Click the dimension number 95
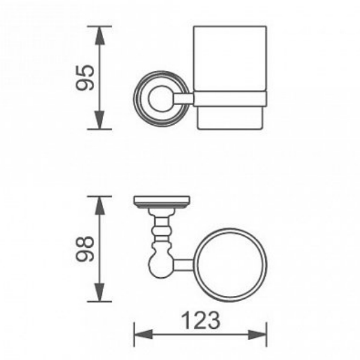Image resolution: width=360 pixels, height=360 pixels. tap(85, 77)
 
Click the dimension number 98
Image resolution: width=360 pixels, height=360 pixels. tap(85, 249)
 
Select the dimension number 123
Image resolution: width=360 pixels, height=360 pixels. tap(200, 320)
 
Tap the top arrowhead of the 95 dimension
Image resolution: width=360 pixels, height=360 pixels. tap(100, 35)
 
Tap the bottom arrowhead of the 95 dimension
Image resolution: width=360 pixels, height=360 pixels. tap(100, 120)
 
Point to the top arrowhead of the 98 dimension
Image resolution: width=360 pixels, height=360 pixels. tap(100, 206)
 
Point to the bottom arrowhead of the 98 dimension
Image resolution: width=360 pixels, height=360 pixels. tap(100, 292)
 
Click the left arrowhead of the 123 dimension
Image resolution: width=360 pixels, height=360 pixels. tap(143, 334)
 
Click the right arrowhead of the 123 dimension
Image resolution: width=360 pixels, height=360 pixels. tap(257, 334)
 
